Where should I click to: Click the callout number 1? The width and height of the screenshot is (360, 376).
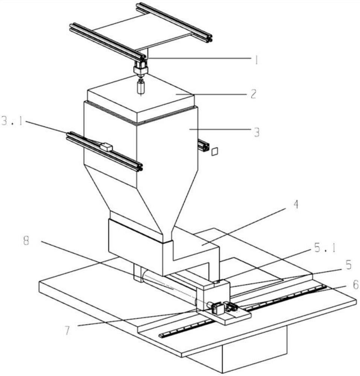click(x=256, y=60)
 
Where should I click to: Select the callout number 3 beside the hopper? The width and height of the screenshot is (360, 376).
click(x=255, y=133)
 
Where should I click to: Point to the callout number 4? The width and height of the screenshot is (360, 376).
click(x=296, y=205)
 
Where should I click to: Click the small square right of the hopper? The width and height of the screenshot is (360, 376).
click(x=215, y=151)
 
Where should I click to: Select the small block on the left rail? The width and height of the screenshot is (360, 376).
click(x=106, y=147)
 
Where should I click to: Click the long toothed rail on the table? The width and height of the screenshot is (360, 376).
click(x=241, y=312)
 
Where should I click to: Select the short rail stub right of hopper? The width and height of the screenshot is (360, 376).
click(x=203, y=145)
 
